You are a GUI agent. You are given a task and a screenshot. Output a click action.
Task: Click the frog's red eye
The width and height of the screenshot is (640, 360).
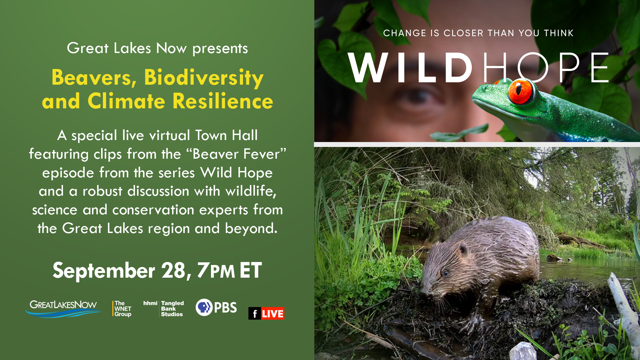tap(520, 91)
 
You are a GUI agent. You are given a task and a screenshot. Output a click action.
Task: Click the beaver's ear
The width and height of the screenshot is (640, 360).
tap(463, 249)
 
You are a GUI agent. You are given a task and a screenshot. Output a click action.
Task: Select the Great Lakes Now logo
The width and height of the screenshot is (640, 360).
tap(63, 309)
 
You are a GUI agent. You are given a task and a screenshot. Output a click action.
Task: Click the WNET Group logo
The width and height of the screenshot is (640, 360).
tap(122, 309)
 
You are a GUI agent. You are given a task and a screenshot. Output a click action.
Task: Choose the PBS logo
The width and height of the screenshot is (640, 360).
tap(216, 307)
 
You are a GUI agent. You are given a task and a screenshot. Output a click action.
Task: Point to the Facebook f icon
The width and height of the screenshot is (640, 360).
tap(255, 313)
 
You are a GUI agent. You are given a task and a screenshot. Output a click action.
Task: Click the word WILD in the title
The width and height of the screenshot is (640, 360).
tap(410, 68)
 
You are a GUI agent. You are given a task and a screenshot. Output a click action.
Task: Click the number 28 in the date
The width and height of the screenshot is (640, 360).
tap(173, 270)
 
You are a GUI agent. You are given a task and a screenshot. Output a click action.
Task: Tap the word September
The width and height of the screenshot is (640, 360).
tap(104, 271)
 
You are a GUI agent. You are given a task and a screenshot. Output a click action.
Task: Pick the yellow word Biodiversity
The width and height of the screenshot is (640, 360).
tap(204, 78)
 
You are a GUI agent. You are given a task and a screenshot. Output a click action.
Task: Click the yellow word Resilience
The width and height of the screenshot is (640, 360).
tap(223, 101)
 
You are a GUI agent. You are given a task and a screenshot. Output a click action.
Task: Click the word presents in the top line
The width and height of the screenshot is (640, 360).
tap(220, 49)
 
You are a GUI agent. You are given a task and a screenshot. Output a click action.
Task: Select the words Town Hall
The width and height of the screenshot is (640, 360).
tap(226, 135)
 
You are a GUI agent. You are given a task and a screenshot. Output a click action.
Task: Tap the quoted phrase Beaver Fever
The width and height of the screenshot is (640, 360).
tap(236, 154)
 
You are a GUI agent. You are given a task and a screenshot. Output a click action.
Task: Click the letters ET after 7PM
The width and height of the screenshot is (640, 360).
tap(251, 270)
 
